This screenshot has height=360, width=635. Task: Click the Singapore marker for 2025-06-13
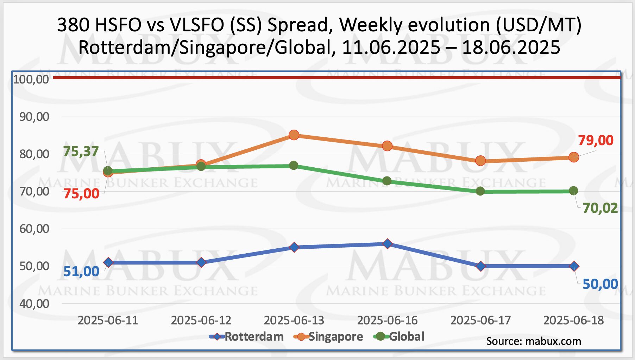point(294,135)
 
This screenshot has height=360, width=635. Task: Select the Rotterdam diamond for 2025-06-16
point(387,244)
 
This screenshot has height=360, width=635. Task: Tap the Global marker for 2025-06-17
point(480,191)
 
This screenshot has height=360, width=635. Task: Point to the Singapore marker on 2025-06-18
point(573,157)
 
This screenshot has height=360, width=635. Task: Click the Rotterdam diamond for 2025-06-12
point(201,262)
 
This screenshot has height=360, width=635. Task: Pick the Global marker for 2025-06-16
point(387,181)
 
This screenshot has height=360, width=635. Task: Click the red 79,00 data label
point(596,141)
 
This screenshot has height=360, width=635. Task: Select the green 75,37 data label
point(81,151)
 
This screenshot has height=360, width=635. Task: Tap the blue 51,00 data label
point(81,272)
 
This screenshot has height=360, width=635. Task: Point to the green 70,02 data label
point(600,208)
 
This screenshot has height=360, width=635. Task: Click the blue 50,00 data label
point(600,284)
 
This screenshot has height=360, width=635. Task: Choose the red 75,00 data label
point(81,194)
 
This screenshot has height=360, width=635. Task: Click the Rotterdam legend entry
point(246,337)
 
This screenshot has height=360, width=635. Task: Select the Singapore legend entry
point(328,337)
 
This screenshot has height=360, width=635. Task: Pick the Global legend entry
point(399,337)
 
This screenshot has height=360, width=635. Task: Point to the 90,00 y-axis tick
point(34,117)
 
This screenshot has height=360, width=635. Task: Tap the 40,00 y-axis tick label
point(34,304)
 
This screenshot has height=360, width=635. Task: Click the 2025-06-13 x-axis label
point(294,321)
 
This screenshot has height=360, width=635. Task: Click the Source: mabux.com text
point(533,341)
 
